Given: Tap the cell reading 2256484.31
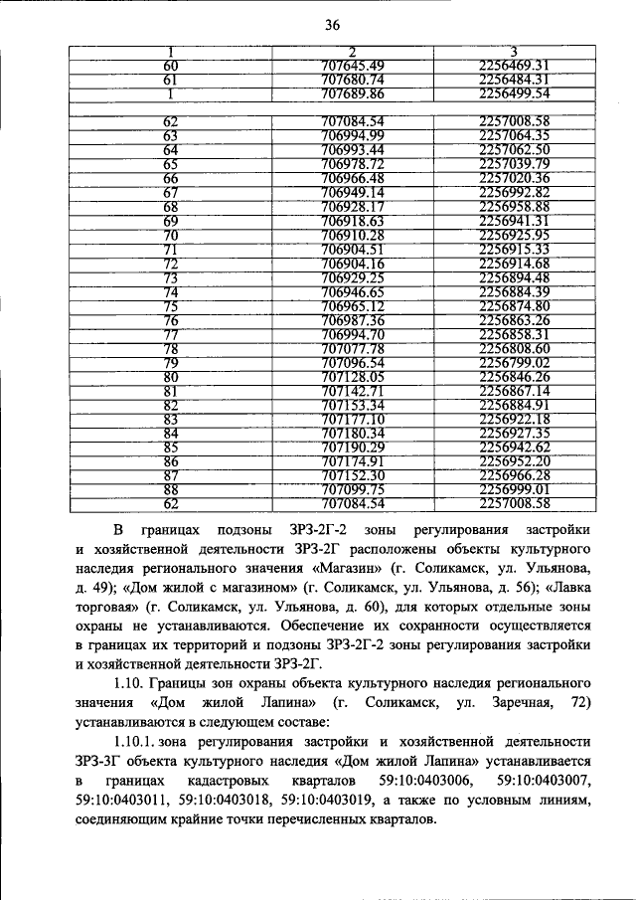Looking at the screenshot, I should (514, 80).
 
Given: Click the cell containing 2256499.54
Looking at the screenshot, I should (514, 93).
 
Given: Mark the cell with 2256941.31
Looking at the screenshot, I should (514, 220).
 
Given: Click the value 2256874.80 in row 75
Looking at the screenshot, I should (514, 305).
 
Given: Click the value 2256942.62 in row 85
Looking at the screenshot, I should (514, 448).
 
